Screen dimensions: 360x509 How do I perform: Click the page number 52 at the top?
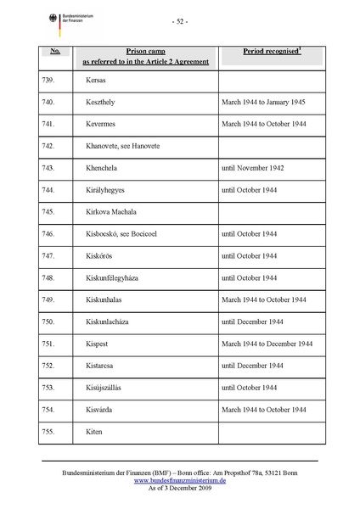click(x=180, y=21)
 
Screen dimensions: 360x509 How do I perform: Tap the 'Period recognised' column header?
click(x=272, y=52)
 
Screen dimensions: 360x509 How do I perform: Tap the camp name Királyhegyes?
click(x=108, y=189)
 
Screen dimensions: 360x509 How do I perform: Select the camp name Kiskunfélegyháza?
click(x=116, y=277)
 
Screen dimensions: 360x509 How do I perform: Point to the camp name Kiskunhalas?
click(x=106, y=299)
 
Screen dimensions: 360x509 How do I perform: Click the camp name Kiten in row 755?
click(x=93, y=431)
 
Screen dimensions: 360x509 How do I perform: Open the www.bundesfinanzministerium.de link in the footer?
click(x=180, y=479)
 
